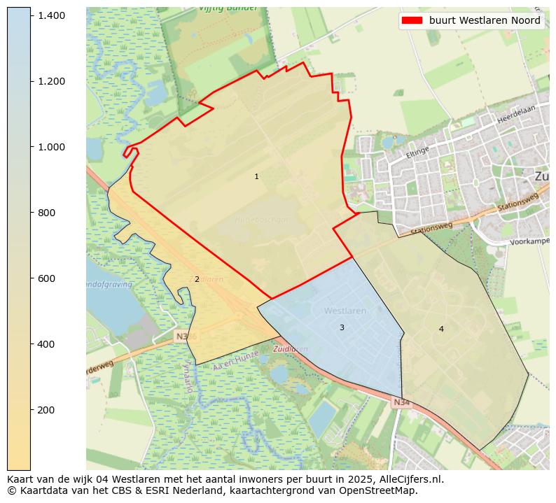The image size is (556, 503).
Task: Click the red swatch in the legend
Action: (x=412, y=21)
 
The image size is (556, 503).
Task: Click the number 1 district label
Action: (x=256, y=177)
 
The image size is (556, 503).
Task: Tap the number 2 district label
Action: (x=197, y=280)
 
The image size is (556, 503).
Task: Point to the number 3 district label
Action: (x=342, y=328)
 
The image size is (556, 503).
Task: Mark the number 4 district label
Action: (x=441, y=330)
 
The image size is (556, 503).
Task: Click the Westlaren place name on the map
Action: (x=345, y=311)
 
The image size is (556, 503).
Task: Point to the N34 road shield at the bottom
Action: (x=401, y=402)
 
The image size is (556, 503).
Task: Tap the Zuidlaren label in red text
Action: (x=290, y=349)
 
